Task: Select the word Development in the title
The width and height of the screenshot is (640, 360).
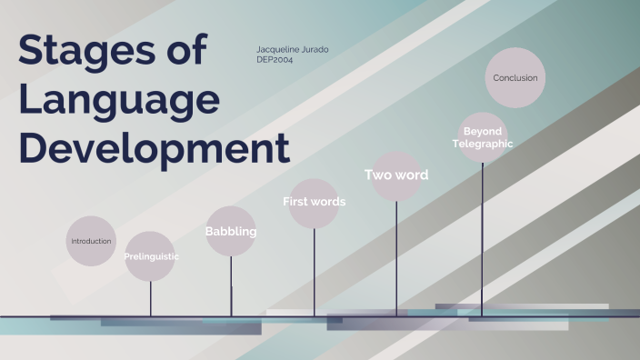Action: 155,147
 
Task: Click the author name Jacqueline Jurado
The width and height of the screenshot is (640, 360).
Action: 293,48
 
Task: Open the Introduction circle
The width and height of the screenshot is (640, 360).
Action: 91,241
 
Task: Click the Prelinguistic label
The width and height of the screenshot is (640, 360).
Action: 151,256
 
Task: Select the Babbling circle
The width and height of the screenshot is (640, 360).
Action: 231,232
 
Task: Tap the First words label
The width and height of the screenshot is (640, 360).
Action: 314,202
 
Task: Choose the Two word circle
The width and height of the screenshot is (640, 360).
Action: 396,175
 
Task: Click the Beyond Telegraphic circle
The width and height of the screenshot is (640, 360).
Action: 482,137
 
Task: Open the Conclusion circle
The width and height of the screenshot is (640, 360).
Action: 515,78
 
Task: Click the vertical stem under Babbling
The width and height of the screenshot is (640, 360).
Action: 231,286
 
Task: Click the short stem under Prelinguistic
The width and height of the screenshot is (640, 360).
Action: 151,298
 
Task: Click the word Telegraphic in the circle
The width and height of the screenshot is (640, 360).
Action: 483,144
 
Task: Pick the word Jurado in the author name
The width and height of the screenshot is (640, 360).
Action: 314,48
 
